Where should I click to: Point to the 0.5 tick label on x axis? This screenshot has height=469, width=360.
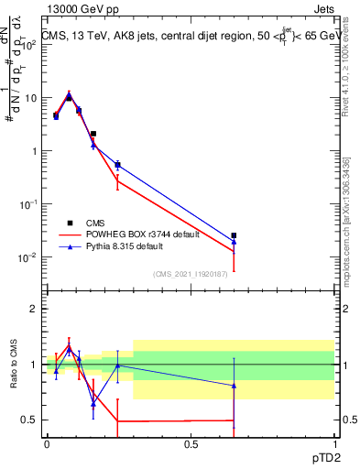191,444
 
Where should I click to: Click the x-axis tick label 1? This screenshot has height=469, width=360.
335,444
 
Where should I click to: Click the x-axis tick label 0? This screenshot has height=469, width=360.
47,444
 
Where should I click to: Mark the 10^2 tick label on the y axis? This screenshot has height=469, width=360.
30,45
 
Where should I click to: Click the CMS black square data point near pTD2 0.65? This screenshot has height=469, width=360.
235,235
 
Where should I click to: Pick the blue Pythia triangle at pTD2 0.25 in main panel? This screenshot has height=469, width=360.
117,165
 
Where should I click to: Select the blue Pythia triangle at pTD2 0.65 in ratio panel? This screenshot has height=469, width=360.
235,386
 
